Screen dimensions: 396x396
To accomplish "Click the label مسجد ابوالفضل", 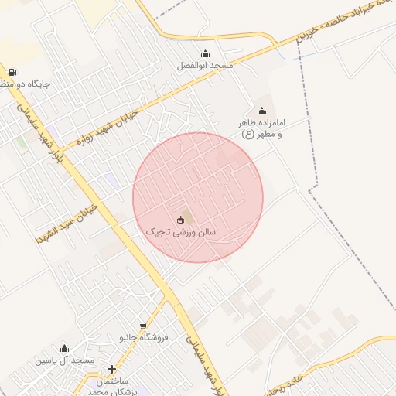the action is [205, 67].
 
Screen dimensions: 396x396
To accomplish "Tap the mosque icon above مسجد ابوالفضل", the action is [205, 53].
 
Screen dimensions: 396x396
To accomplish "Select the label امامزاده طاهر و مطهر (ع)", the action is [260, 129].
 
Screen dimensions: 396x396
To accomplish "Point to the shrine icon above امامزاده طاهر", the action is [261, 111].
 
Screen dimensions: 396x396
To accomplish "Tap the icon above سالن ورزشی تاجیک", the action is [181, 219].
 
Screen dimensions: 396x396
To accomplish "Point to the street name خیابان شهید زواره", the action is [108, 127].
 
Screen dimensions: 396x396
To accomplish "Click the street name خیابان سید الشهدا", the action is [65, 225].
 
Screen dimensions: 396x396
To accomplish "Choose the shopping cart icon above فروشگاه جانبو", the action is [143, 326].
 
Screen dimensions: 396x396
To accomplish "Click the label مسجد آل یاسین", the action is [64, 360].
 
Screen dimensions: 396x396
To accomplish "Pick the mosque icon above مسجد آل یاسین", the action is [64, 348].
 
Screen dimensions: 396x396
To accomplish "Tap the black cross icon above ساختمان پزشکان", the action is [112, 370].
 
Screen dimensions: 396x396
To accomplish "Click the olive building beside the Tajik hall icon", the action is [190, 217].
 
